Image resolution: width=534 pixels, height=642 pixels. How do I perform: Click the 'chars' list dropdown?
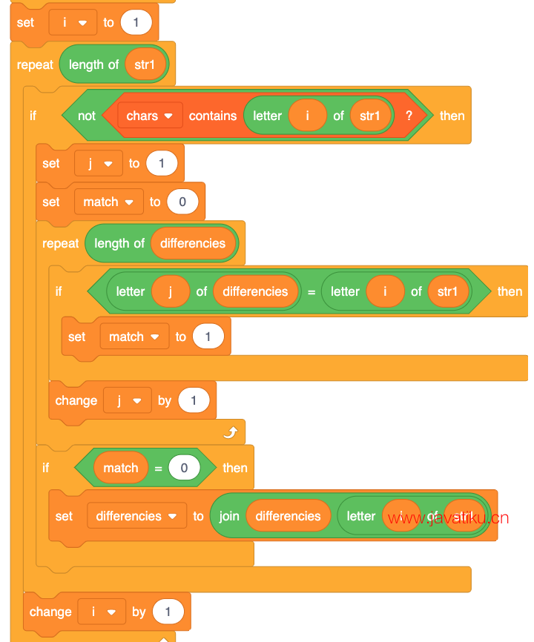(150, 116)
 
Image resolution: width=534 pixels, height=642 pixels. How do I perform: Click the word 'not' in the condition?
(87, 116)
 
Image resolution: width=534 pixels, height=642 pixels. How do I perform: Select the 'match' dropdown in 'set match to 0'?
(108, 202)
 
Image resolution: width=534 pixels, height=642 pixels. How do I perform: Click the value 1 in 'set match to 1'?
(208, 337)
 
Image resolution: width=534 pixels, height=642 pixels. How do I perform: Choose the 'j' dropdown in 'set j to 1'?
(99, 163)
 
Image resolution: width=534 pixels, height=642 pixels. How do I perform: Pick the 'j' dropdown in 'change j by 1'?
(127, 400)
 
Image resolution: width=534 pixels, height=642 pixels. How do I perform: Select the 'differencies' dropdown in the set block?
(136, 516)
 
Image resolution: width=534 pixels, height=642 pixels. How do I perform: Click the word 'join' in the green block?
(229, 516)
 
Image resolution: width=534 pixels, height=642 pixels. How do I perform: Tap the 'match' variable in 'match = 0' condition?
(120, 468)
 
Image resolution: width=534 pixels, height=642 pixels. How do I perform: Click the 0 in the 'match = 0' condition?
(183, 468)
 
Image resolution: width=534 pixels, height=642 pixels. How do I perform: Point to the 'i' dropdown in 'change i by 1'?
(102, 612)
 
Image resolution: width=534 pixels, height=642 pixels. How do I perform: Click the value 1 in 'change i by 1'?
(168, 612)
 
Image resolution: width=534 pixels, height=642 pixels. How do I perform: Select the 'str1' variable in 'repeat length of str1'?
(145, 64)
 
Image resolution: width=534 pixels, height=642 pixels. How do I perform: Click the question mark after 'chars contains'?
(408, 116)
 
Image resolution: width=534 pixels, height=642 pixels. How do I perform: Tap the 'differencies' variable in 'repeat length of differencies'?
(193, 243)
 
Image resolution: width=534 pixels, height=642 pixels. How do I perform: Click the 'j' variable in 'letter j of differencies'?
(170, 291)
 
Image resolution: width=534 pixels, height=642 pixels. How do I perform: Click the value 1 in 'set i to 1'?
(135, 22)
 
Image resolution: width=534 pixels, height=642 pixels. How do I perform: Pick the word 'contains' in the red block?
(213, 116)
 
